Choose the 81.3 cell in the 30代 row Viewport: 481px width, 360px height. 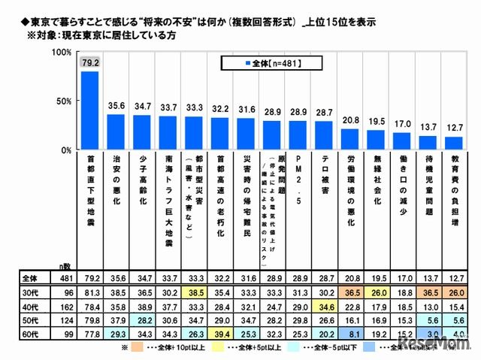(90, 290)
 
